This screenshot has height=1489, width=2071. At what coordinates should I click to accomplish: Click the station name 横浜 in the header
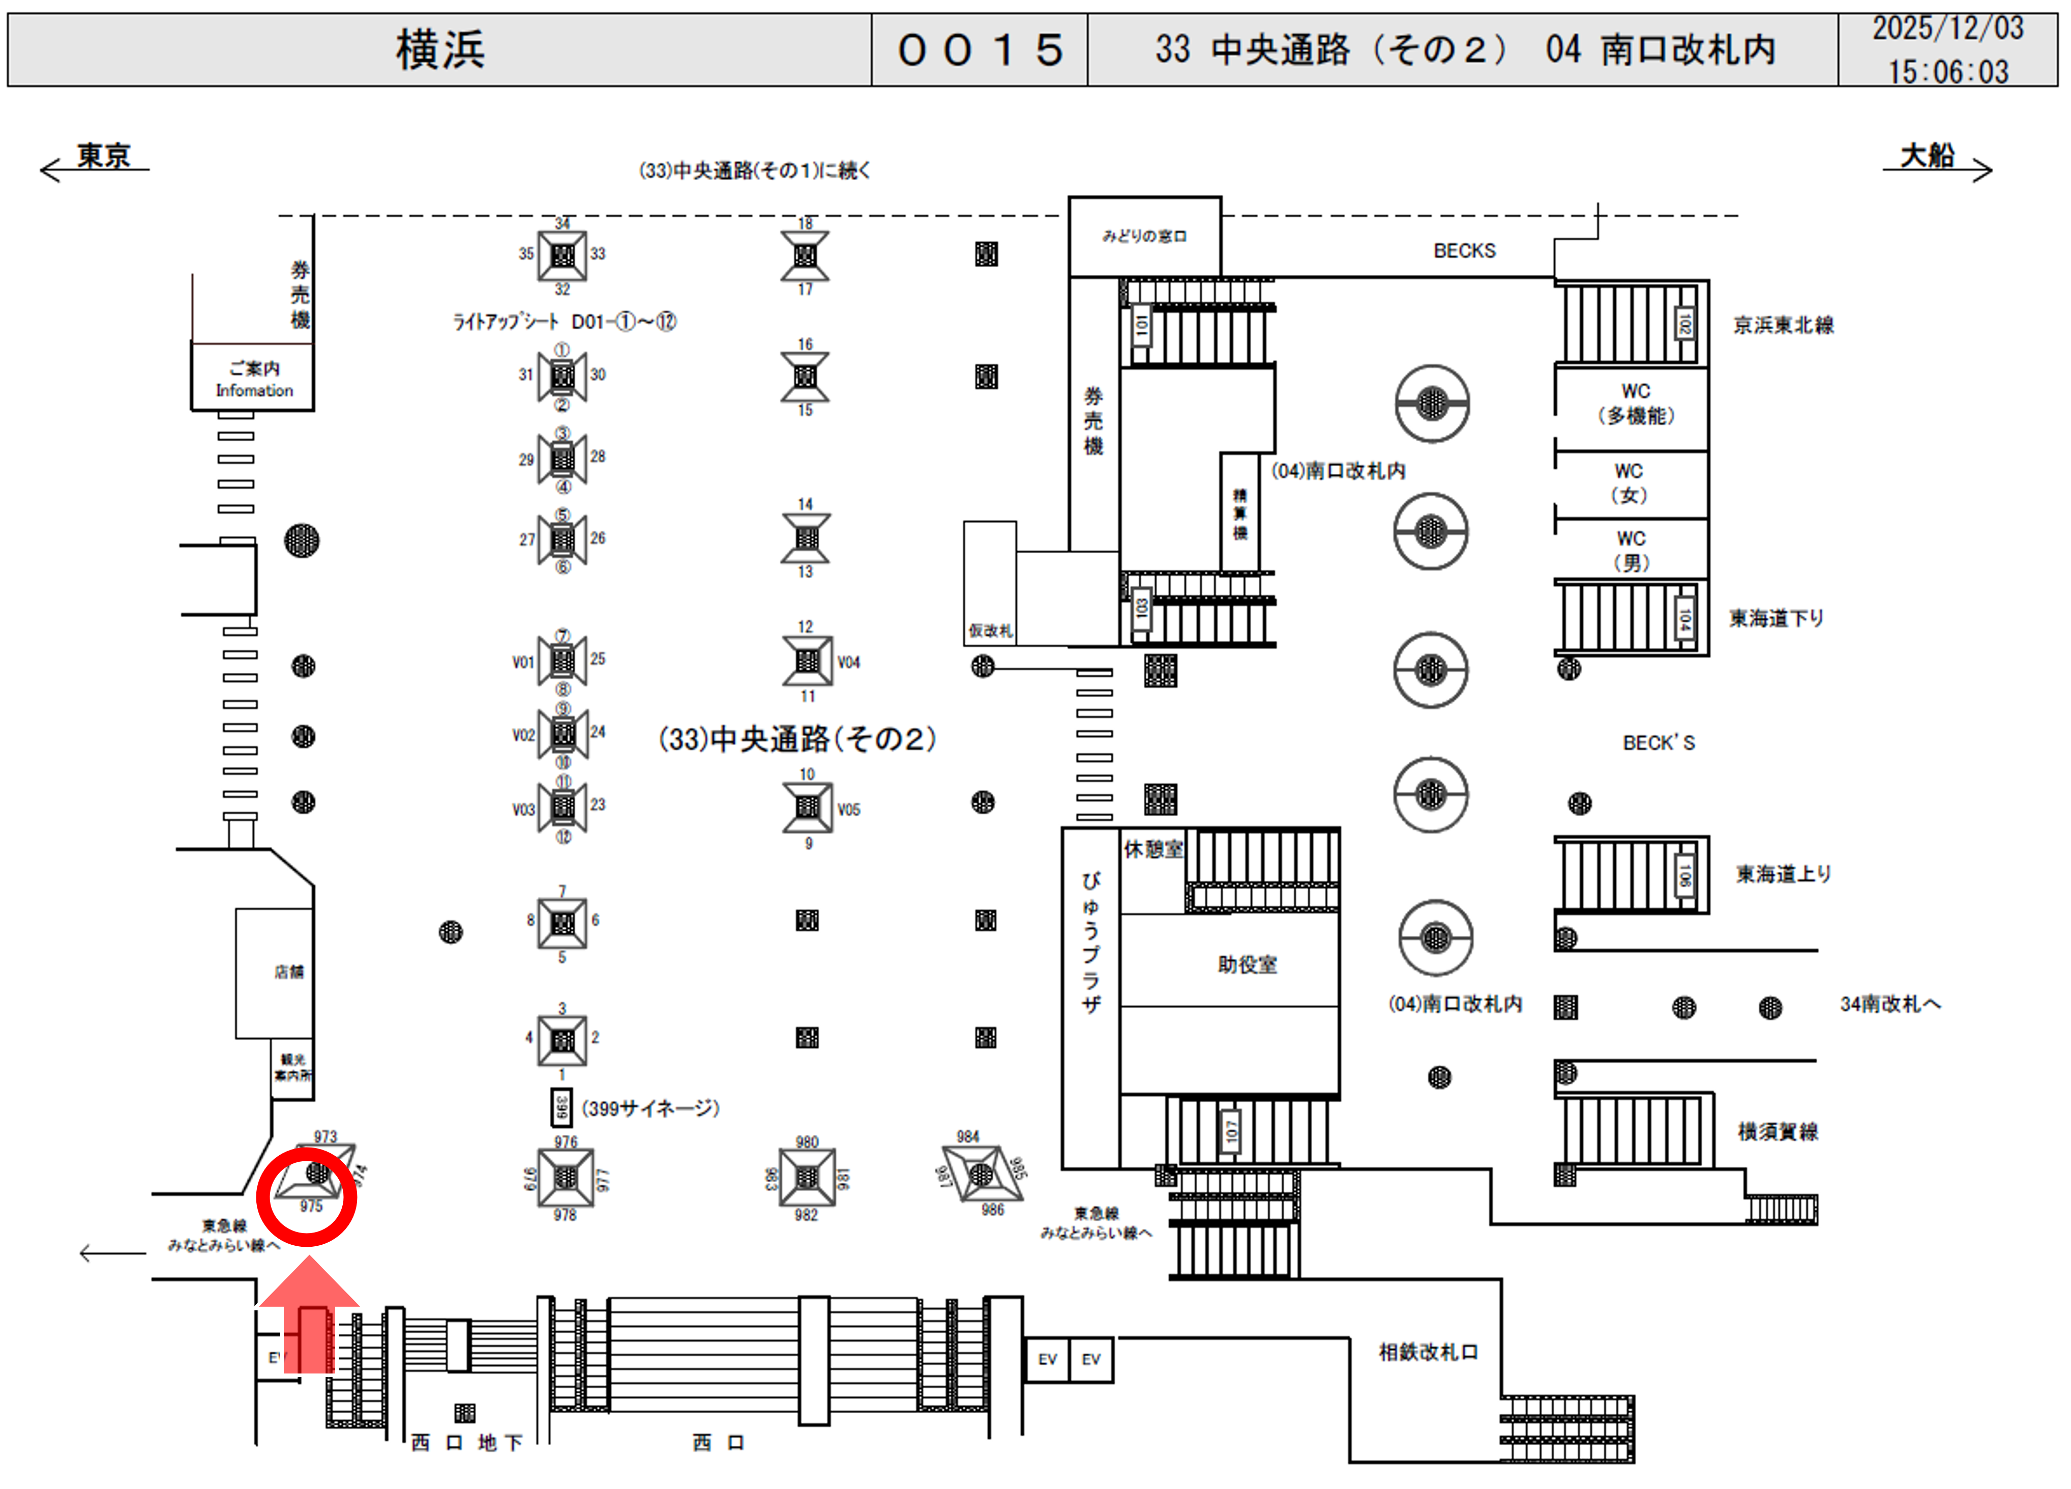440,49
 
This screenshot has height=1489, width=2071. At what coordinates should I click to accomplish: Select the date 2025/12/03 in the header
1948,29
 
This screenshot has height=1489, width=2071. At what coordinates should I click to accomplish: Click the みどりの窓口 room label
1144,237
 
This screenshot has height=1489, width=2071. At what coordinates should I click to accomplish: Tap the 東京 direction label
103,156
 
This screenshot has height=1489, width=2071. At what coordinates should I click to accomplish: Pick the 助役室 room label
1248,965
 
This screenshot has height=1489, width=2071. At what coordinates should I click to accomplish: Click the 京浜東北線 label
1783,325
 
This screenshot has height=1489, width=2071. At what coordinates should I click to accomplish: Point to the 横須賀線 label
1777,1132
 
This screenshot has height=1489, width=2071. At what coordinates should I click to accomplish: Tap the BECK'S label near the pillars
1658,742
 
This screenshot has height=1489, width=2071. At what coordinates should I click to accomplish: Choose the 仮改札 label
990,631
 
